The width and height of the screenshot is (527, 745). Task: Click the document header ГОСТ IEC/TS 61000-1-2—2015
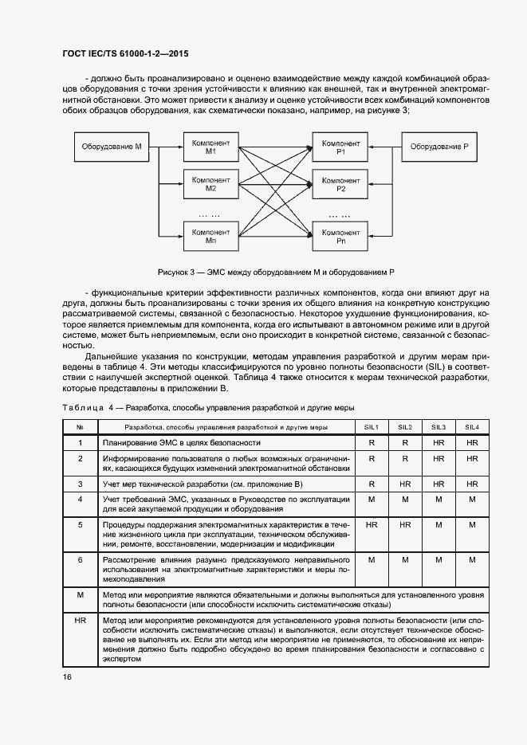pos(125,54)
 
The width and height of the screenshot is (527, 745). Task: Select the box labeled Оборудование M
pos(112,147)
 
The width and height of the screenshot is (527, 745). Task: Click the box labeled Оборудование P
pos(439,147)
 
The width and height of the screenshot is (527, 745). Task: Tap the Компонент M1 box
pos(210,147)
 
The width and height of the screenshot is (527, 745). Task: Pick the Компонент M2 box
pos(210,185)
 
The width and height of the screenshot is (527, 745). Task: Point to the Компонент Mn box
pos(210,235)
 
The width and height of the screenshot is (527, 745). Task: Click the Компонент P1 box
pos(340,147)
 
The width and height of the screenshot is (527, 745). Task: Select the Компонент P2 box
pos(340,185)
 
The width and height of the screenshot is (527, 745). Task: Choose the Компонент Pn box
pos(340,235)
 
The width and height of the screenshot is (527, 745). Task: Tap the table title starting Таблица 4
pos(207,408)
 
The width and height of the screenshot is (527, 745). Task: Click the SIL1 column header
pos(371,427)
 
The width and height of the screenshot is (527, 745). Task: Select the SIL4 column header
pos(472,427)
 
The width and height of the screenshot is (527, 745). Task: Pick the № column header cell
pos(80,427)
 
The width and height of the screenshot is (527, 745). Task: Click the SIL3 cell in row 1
pos(439,441)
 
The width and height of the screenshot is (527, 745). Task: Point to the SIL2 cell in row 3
pos(405,484)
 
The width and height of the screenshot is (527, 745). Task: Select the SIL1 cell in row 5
pos(371,525)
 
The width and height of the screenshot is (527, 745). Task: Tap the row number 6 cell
pos(80,560)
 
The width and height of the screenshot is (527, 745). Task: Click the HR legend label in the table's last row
pos(80,620)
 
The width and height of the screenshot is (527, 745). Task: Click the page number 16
pos(67,676)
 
